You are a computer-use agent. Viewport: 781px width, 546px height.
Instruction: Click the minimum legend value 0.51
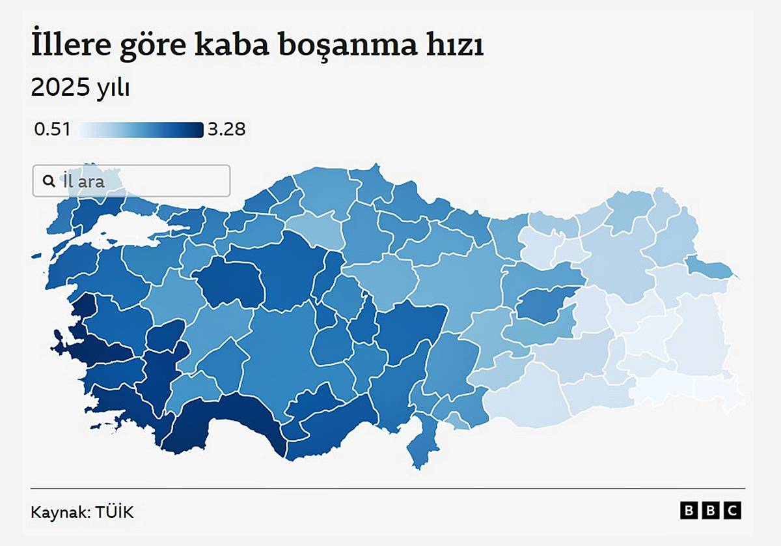pyautogui.click(x=52, y=130)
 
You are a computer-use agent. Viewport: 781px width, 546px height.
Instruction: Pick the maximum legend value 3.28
pyautogui.click(x=226, y=130)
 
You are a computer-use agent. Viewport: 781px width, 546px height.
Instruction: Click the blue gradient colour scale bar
pyautogui.click(x=140, y=130)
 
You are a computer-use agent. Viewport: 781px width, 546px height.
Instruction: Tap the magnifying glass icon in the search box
pyautogui.click(x=49, y=181)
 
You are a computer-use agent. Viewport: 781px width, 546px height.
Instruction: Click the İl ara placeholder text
pyautogui.click(x=83, y=181)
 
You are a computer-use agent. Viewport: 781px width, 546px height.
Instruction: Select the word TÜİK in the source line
pyautogui.click(x=115, y=512)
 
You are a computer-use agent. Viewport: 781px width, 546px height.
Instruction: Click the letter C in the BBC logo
pyautogui.click(x=733, y=511)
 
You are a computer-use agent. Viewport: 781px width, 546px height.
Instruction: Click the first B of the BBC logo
pyautogui.click(x=689, y=511)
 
